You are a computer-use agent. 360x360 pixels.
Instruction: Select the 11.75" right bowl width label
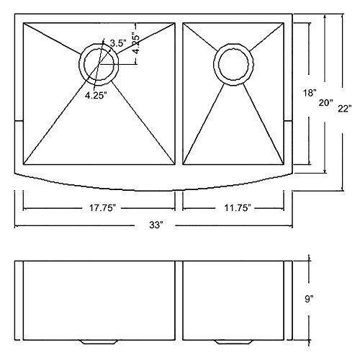pos(238,208)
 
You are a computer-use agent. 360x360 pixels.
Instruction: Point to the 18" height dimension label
pos(310,93)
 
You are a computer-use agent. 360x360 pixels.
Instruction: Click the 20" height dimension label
pos(326,103)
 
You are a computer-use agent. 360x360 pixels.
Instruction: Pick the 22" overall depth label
pos(345,109)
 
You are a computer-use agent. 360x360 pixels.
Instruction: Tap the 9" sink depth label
pos(309,299)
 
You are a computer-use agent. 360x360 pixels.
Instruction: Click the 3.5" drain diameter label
pos(118,43)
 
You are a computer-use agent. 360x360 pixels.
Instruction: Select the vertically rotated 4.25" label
pos(136,45)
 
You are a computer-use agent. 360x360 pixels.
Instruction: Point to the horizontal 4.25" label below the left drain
pos(95,96)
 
